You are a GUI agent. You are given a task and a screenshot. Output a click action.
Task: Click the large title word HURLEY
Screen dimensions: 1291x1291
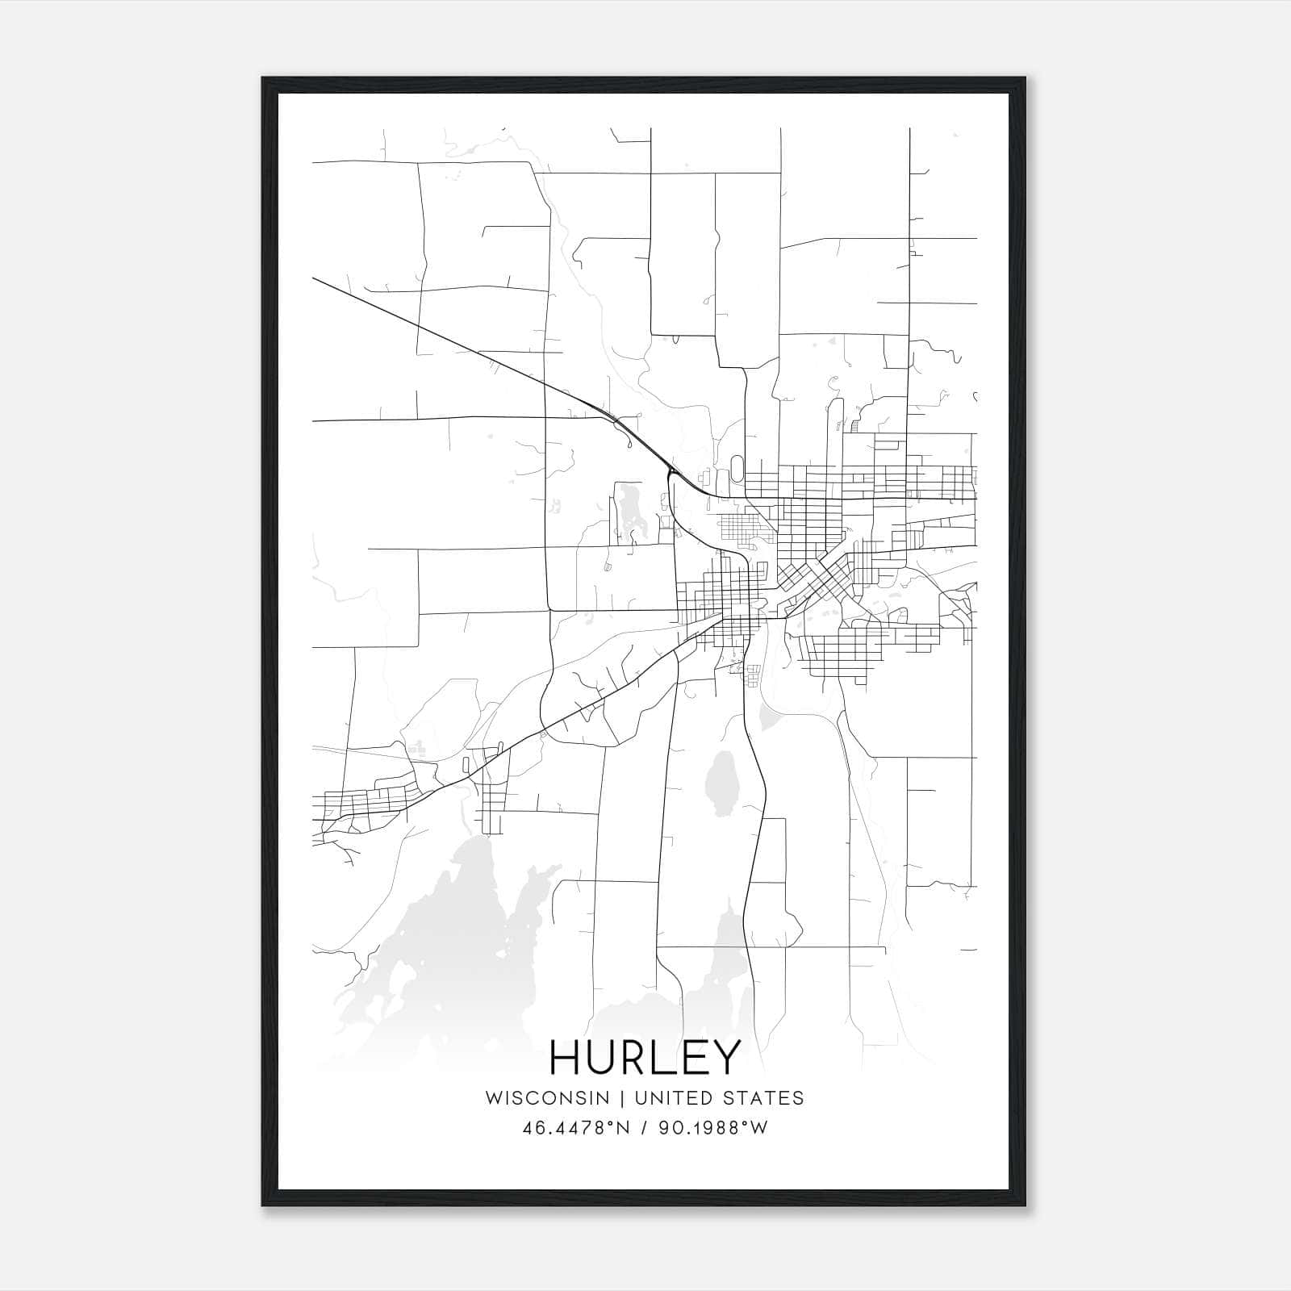tap(645, 1057)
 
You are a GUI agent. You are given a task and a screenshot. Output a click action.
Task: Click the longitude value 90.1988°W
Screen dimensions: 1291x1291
tap(712, 1128)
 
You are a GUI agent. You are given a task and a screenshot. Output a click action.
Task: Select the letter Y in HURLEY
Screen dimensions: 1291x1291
tap(724, 1057)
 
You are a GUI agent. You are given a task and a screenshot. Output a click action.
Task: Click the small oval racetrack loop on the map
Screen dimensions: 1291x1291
tap(737, 469)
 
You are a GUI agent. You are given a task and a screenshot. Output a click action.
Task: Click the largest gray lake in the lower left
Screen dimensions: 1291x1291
tap(452, 928)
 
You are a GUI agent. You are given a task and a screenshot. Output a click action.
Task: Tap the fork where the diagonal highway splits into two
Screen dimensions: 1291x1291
tap(670, 471)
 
